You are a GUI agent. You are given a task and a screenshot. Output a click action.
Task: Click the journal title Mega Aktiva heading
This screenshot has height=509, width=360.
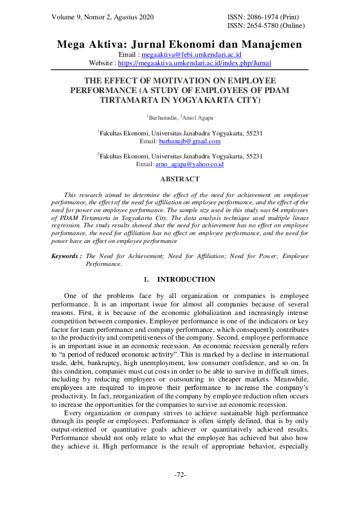tap(179, 45)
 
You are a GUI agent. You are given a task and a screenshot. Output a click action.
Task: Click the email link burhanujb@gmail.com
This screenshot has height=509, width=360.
tap(189, 141)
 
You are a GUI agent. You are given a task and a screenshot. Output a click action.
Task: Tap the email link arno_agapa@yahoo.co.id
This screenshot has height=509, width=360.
tap(189, 164)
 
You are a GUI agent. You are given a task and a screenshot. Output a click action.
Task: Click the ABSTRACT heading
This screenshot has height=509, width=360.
tap(179, 180)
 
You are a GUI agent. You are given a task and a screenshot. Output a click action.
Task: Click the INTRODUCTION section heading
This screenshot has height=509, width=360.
tap(186, 280)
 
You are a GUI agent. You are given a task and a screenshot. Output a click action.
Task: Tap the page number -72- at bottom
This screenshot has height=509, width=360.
tap(180, 475)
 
